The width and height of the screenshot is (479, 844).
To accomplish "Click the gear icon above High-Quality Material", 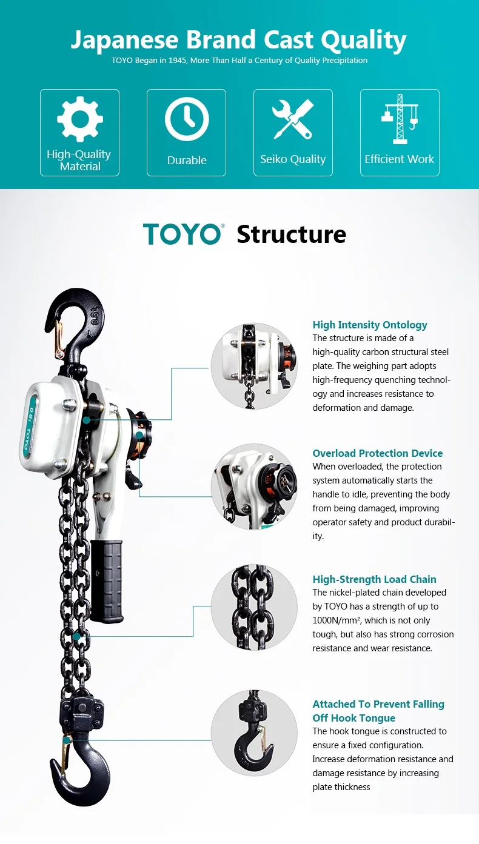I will click(x=79, y=119).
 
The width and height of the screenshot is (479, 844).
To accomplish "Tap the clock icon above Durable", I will click(x=186, y=119).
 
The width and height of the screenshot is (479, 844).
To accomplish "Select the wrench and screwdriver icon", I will click(x=292, y=119).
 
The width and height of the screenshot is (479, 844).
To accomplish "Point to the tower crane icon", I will click(x=400, y=118).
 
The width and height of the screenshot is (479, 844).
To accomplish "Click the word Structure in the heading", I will click(x=291, y=234).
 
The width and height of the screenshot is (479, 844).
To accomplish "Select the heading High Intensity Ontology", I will click(x=370, y=325).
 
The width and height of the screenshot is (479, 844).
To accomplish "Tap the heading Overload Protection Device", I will click(x=377, y=453).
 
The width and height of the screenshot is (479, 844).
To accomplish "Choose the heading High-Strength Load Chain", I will click(x=374, y=579).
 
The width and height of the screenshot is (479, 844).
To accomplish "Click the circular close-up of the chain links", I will click(x=254, y=608).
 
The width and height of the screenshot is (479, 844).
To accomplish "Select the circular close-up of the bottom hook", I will click(x=254, y=733).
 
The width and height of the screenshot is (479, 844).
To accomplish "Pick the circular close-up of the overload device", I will click(x=254, y=487).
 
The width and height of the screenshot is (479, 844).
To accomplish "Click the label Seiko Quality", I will click(x=293, y=159).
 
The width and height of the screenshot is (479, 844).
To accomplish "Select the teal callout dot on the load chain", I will click(x=76, y=637).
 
